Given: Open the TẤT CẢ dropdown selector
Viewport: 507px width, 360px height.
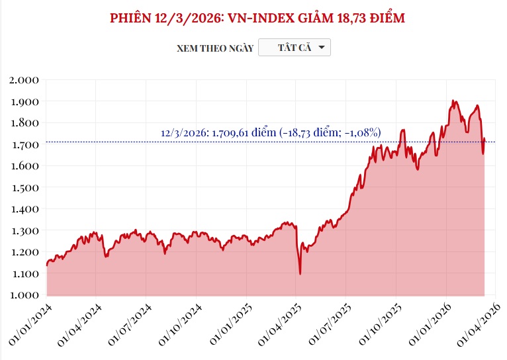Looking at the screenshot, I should [x=294, y=48].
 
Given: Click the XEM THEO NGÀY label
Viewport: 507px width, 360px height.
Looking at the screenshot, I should [x=215, y=48].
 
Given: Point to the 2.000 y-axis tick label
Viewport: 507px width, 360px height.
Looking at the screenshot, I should [x=25, y=80].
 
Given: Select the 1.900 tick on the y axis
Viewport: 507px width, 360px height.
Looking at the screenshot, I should [x=25, y=101].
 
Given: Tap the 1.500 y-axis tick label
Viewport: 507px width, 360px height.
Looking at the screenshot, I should [x=25, y=187].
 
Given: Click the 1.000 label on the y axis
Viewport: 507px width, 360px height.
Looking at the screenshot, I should [x=25, y=294].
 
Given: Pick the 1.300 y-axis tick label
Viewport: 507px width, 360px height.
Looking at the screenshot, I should [x=25, y=230].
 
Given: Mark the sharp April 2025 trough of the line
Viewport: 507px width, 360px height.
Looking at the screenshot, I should [x=300, y=273].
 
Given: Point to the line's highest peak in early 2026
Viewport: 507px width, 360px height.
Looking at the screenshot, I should [x=453, y=101].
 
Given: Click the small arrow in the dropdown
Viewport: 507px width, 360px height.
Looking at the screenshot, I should [x=321, y=48].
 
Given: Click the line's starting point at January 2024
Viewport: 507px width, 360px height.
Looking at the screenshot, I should [x=46, y=265].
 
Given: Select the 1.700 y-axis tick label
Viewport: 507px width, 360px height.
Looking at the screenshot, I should [x=25, y=144].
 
